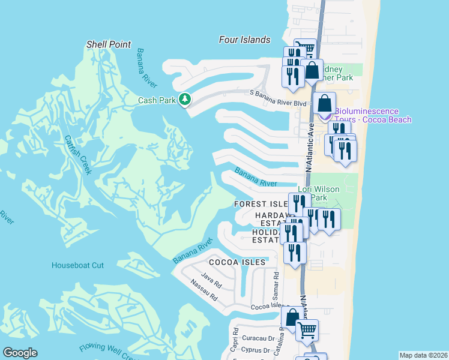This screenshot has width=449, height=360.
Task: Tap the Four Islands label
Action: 244,40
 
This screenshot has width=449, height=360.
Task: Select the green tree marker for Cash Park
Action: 185,100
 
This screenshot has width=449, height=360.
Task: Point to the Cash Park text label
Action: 157,100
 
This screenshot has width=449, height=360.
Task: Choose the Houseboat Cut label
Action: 77,265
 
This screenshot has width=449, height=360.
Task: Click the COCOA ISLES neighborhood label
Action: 237,262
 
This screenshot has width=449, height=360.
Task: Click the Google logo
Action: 20,353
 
